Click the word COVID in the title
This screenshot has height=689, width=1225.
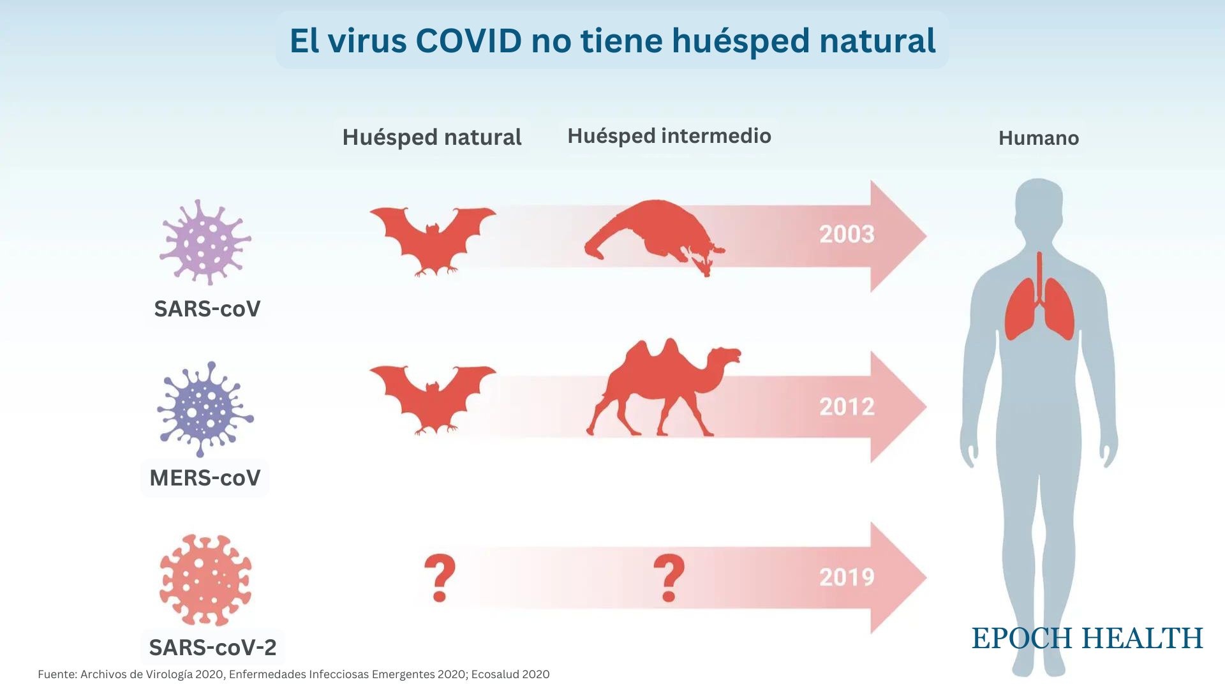click(469, 41)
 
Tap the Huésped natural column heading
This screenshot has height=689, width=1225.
click(432, 137)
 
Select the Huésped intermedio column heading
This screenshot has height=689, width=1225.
click(669, 136)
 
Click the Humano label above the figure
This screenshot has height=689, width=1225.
click(1038, 138)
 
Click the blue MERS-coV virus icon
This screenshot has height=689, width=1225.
click(205, 409)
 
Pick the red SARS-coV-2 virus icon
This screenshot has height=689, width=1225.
click(205, 580)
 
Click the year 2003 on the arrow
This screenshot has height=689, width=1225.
click(847, 235)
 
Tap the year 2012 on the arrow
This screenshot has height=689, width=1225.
click(847, 407)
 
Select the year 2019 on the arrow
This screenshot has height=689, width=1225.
click(847, 577)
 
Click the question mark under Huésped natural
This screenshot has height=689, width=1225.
click(440, 577)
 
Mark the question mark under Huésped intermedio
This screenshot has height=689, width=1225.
click(669, 577)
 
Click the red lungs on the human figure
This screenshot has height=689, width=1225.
click(1039, 306)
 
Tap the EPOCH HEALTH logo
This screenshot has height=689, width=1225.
click(1087, 639)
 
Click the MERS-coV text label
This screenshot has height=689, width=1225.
click(205, 478)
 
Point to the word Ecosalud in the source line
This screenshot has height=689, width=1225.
click(496, 674)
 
